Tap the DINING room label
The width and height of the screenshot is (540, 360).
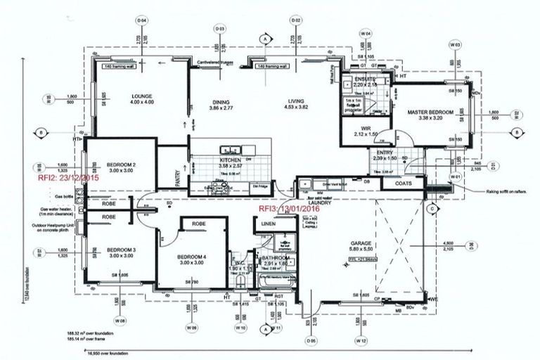click(x=225, y=101)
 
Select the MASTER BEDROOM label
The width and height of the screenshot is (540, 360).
click(x=427, y=112)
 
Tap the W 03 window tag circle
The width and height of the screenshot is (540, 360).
click(x=456, y=44)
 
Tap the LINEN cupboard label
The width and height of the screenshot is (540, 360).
click(x=268, y=224)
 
